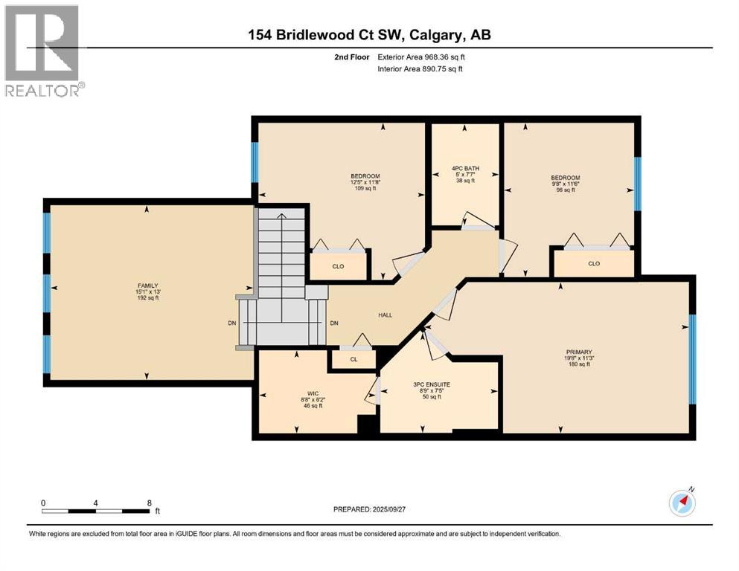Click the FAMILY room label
pyautogui.click(x=147, y=284)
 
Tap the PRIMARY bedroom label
pyautogui.click(x=578, y=352)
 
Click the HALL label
pyautogui.click(x=385, y=314)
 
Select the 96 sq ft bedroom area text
pyautogui.click(x=565, y=190)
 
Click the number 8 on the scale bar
pyautogui.click(x=150, y=503)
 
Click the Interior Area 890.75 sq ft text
pyautogui.click(x=420, y=69)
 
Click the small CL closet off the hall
pyautogui.click(x=353, y=359)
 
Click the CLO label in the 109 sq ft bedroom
pyautogui.click(x=338, y=266)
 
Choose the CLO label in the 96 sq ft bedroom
pyautogui.click(x=593, y=263)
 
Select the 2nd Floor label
pyautogui.click(x=353, y=57)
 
